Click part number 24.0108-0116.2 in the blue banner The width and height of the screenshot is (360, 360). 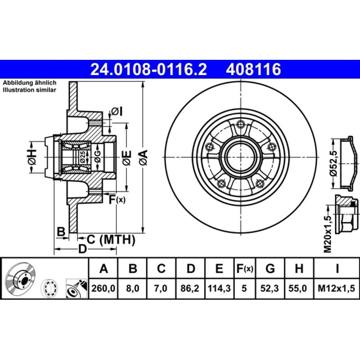click(x=148, y=69)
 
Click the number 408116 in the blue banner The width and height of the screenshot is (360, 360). click(x=253, y=69)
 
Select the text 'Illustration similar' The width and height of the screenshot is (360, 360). click(x=29, y=90)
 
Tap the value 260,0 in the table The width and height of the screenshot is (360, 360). click(x=103, y=288)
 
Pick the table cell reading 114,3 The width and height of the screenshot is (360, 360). click(x=219, y=288)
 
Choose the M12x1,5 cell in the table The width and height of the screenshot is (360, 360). click(x=336, y=288)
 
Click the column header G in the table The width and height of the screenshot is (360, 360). click(x=270, y=268)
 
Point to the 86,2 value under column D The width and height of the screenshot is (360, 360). click(x=190, y=288)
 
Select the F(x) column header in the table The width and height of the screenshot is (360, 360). click(x=245, y=268)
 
